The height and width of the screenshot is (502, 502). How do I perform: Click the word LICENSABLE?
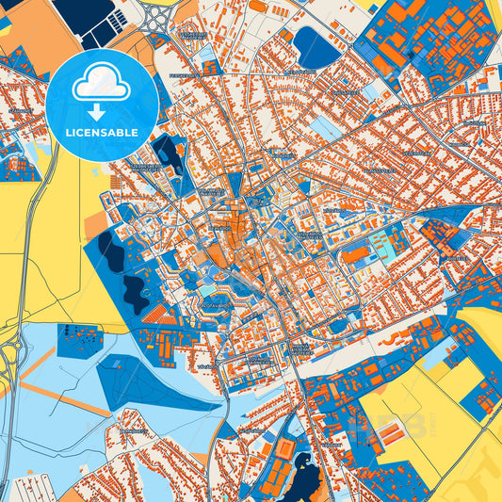pos(102,132)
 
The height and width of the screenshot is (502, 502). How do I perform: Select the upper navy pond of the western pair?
pos(110,252)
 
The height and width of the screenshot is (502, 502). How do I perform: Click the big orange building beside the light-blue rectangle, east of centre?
pos(358,254)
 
